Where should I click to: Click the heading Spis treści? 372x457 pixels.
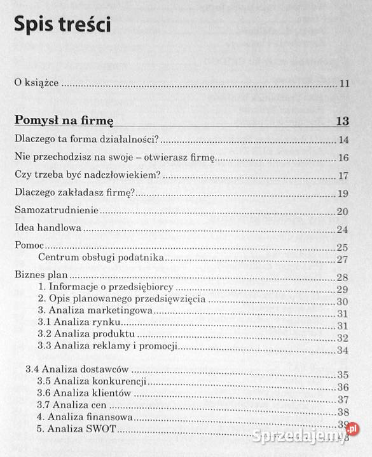[x=62, y=25]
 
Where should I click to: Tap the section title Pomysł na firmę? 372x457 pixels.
[x=64, y=120]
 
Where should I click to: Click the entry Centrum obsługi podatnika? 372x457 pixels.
[x=93, y=258]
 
